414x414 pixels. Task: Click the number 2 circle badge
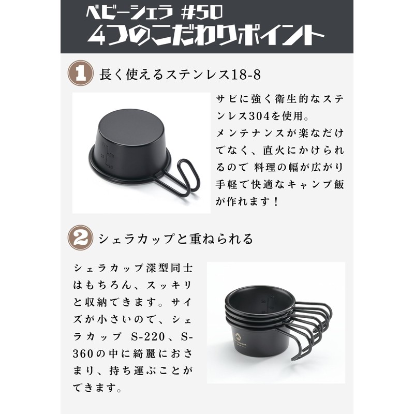(x=81, y=238)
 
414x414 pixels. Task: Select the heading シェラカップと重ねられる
(x=176, y=239)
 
